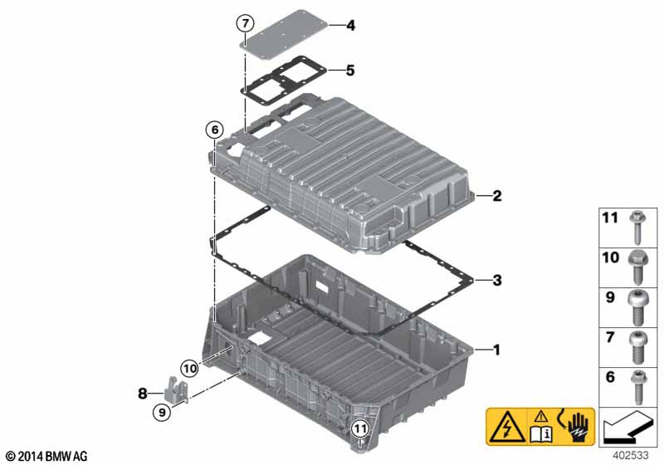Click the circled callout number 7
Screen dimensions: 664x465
pos(245,23)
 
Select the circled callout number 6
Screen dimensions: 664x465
pos(215,130)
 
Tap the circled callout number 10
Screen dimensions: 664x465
pos(189,369)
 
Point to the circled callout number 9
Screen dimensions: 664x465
pos(162,411)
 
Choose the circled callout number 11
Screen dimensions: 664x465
pos(360,429)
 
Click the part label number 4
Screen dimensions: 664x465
pos(350,26)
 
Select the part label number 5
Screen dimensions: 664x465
pos(350,71)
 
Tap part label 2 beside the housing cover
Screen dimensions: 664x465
pos(496,196)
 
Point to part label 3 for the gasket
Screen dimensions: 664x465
pos(497,280)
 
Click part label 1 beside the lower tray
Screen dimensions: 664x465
pos(496,350)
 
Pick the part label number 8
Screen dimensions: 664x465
pos(143,394)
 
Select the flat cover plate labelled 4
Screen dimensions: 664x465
pos(286,32)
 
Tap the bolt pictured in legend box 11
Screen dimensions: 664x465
pos(637,228)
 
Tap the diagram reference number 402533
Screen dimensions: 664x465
pos(630,455)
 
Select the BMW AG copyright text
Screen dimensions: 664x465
pos(47,456)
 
